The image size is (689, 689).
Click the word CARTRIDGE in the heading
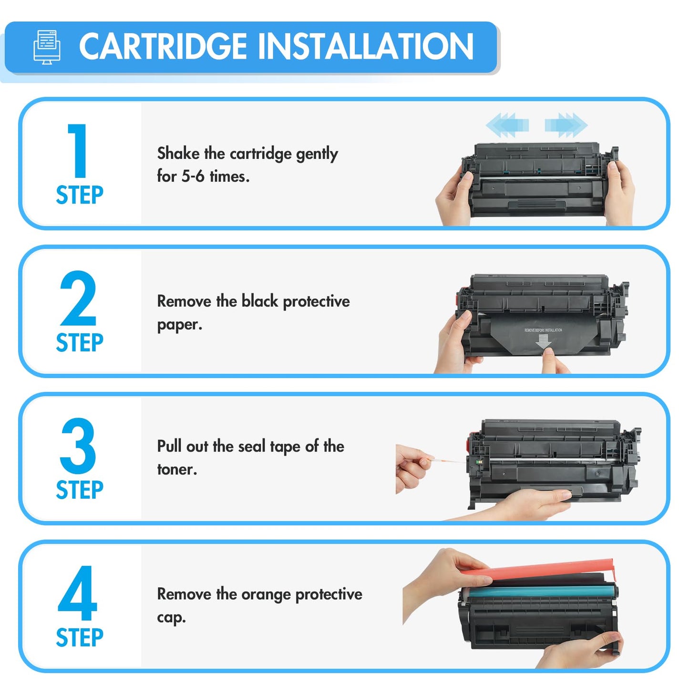point(163,47)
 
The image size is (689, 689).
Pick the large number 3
point(78,446)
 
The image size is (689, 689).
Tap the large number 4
point(78,594)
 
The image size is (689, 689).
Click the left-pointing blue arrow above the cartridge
point(507,125)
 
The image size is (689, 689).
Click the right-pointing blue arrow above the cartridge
point(566,125)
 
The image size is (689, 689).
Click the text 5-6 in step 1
point(193,176)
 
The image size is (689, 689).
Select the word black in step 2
point(260,301)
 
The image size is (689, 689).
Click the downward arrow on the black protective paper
point(543,341)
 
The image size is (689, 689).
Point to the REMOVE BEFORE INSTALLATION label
point(543,330)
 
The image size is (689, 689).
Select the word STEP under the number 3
point(80,490)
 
